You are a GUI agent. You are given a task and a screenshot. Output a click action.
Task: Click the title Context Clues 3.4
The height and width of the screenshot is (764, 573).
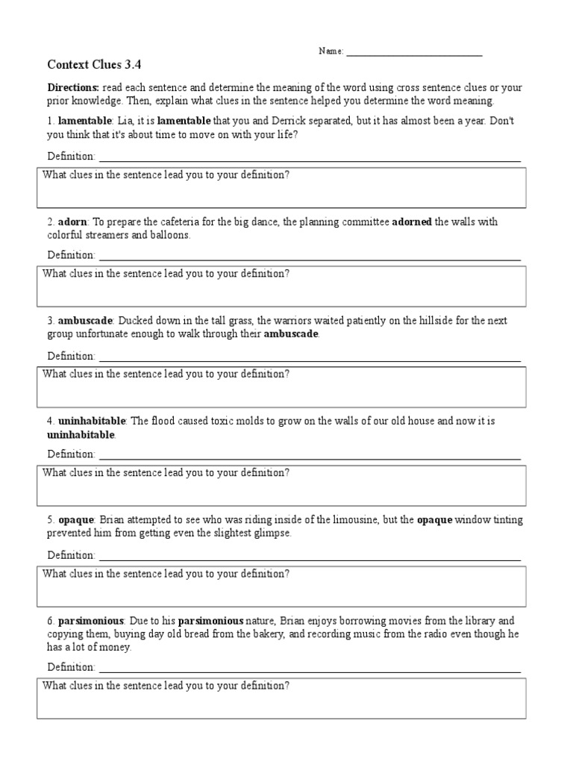[94, 64]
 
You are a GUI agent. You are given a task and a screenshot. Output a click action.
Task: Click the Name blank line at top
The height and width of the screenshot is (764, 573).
[414, 52]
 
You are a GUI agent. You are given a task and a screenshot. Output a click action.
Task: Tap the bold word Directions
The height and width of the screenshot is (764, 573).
[73, 87]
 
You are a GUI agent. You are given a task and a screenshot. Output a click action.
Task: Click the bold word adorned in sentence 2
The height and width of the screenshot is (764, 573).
[412, 222]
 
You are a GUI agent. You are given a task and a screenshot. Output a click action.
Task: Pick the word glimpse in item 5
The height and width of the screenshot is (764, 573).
[272, 533]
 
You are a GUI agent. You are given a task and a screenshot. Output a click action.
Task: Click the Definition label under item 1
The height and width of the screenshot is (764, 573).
[71, 156]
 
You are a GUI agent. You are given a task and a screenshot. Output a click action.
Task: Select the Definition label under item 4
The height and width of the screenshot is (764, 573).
[71, 454]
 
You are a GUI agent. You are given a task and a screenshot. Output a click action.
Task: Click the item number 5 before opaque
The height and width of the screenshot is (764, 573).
[50, 520]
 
